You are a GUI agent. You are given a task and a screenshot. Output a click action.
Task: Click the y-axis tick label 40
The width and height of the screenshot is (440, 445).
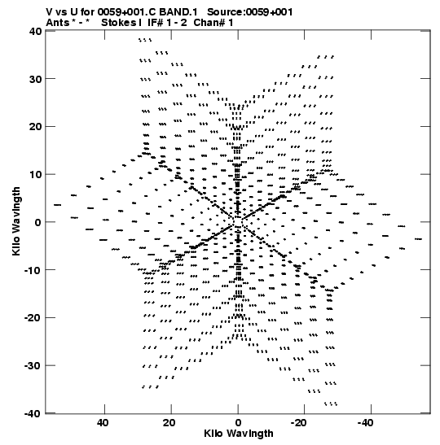click(35, 31)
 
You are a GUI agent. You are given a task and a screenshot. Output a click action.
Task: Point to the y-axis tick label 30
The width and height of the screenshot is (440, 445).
click(35, 79)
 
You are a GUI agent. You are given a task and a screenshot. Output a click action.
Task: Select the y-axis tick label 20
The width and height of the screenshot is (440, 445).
click(35, 127)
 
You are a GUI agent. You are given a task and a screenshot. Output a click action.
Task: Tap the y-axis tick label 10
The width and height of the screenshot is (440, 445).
click(35, 174)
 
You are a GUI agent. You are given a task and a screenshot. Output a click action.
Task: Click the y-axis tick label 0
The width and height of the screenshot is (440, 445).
click(38, 222)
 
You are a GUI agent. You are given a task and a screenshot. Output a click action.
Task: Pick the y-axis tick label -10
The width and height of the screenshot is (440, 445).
click(33, 270)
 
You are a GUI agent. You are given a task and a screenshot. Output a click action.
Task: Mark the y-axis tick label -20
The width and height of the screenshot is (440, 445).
click(33, 318)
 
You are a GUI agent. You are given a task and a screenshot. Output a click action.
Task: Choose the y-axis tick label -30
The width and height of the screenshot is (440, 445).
click(33, 365)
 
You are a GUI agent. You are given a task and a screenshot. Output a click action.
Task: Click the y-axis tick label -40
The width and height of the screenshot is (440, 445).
click(33, 413)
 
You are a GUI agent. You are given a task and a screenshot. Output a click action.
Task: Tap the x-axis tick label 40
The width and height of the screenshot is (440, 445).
click(103, 423)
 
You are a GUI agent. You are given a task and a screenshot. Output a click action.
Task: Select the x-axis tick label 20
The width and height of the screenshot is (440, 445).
click(169, 423)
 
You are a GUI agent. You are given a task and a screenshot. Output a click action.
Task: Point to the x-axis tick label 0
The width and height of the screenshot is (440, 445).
click(238, 423)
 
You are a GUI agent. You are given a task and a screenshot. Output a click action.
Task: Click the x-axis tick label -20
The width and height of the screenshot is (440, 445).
click(299, 423)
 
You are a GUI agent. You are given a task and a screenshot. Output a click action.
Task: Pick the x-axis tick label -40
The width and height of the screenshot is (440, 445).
click(366, 423)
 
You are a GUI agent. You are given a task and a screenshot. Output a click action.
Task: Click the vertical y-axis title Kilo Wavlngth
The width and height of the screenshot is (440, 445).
click(16, 221)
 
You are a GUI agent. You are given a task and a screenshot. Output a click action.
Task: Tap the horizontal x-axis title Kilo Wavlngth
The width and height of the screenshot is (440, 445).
click(239, 434)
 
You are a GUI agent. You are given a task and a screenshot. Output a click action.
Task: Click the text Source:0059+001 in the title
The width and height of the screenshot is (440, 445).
click(250, 12)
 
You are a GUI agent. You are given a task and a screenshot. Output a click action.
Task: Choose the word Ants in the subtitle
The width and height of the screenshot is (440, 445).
click(57, 23)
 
